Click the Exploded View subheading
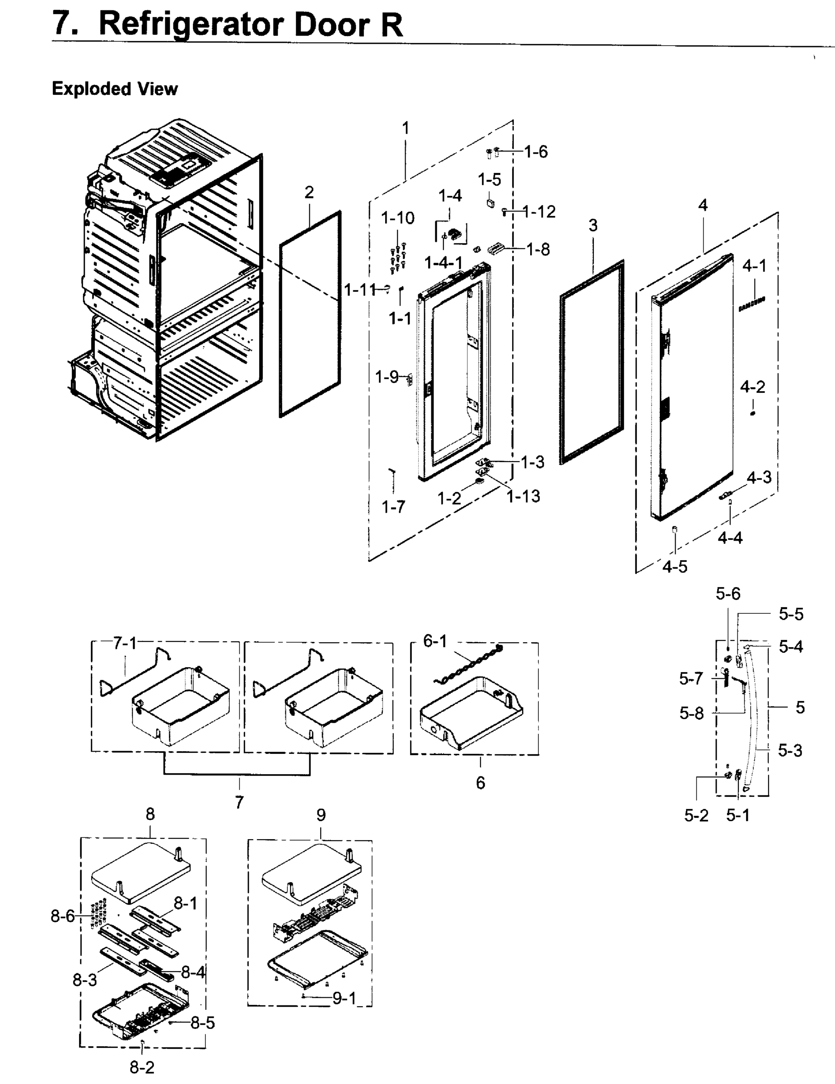point(115,89)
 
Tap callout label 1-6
point(536,152)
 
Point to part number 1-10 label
point(398,218)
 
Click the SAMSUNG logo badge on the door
point(751,304)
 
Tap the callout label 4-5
point(675,566)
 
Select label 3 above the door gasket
point(593,226)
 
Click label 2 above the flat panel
point(309,192)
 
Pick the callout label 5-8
point(691,714)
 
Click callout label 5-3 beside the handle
point(790,751)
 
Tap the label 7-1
point(125,643)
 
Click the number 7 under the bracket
point(239,802)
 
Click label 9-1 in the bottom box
point(344,998)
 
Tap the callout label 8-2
point(142,1067)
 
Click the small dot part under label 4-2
point(753,413)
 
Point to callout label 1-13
point(523,496)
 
